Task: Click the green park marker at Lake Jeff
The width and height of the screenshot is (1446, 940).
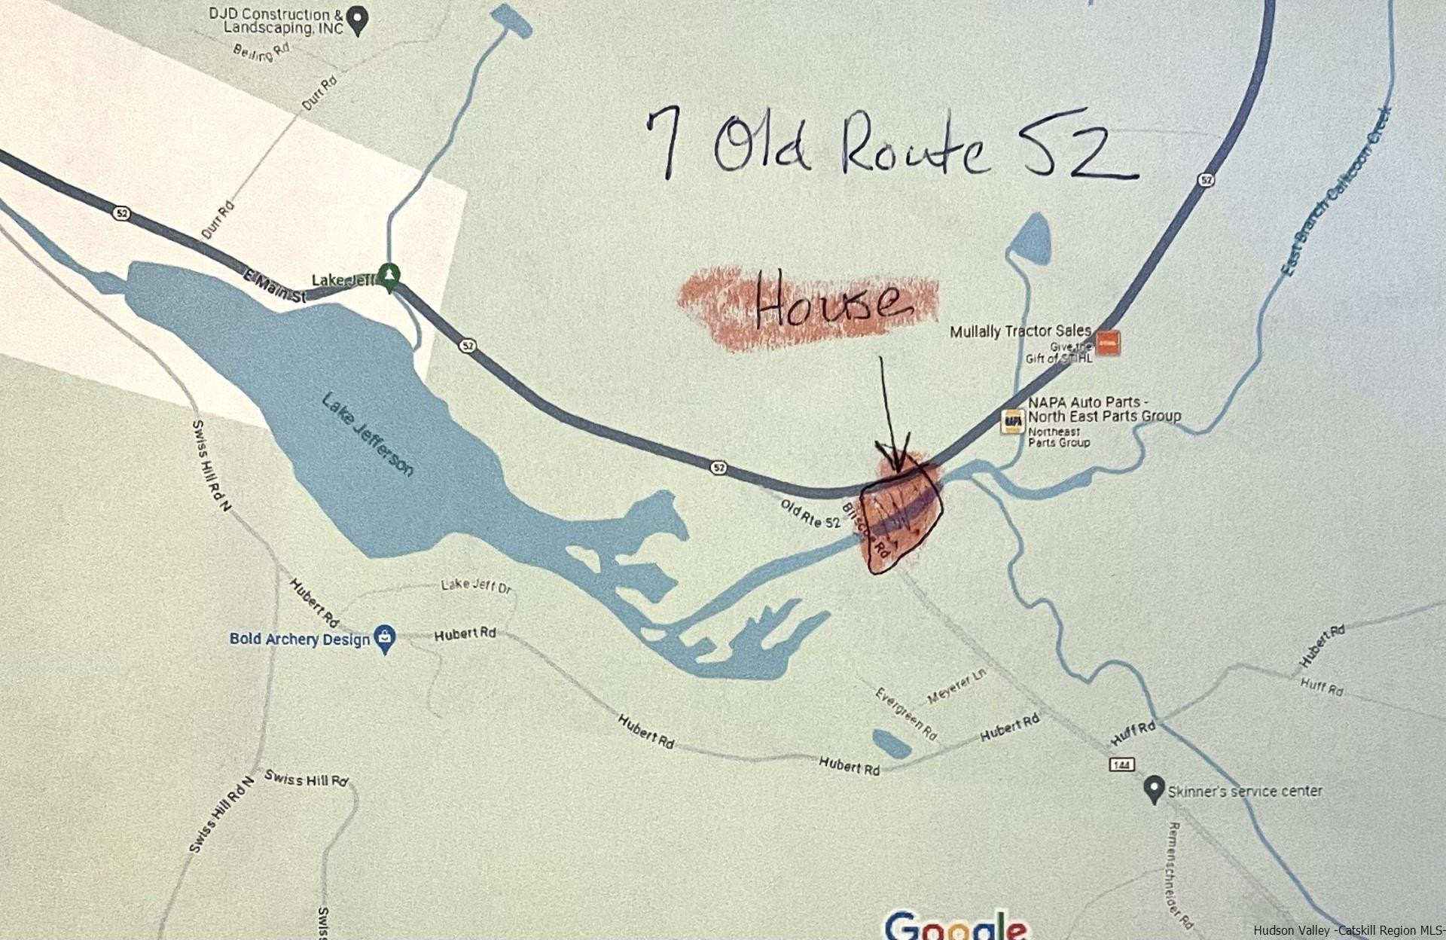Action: tap(389, 276)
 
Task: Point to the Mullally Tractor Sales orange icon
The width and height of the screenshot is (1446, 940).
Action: tap(1108, 343)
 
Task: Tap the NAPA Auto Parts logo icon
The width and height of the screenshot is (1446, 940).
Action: tap(1012, 422)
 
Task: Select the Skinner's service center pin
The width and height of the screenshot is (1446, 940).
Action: tap(1152, 790)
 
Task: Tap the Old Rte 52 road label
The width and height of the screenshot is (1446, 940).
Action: tap(810, 514)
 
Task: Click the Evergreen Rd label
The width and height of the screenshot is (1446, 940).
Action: tap(906, 713)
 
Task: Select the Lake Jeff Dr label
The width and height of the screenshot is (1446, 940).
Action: tap(476, 584)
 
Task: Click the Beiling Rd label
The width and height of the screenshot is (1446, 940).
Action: tap(261, 51)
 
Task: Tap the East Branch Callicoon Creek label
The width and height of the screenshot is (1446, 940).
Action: tap(1336, 192)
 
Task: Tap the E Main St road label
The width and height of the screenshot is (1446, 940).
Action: tap(275, 288)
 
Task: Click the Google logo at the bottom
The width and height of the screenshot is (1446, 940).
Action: tap(955, 926)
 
